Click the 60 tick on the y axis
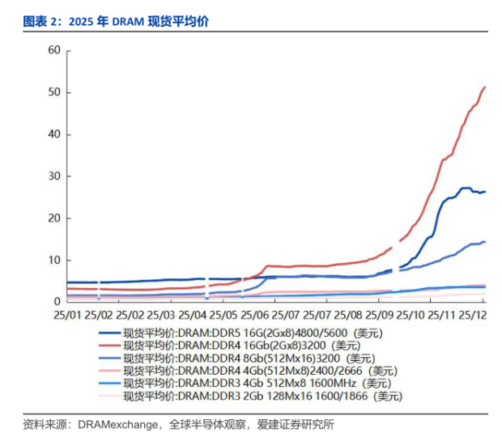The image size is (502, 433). tap(53, 50)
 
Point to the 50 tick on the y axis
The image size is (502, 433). tap(53, 92)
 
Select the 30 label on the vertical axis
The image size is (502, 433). tap(53, 176)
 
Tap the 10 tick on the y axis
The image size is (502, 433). tap(53, 260)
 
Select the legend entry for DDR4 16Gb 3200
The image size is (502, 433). tap(242, 345)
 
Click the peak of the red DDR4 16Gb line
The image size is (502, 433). tap(484, 87)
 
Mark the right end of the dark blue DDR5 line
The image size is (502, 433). tap(484, 192)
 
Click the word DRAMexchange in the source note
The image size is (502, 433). tap(117, 423)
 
